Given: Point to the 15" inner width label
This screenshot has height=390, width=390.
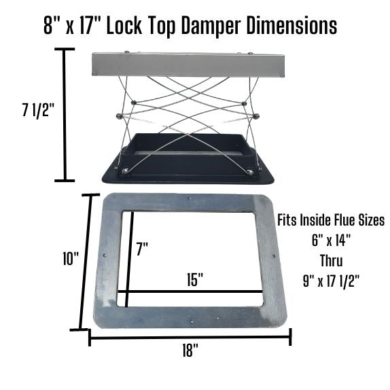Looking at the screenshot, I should tap(196, 279).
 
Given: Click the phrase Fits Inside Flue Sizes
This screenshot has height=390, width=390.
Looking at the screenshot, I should tap(331, 221).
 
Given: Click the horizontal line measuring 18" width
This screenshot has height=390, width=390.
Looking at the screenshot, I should tap(190, 336).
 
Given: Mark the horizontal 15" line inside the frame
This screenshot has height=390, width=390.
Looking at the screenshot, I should tap(190, 293).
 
